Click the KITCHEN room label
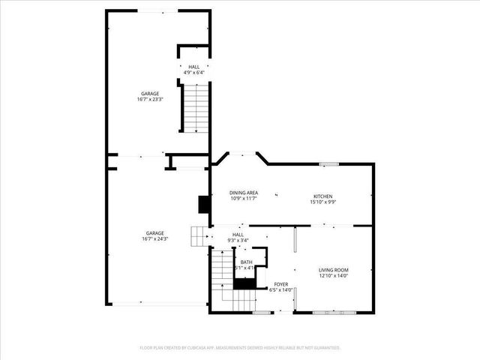tap(322, 196)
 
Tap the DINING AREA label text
tap(243, 193)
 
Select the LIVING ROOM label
tap(334, 270)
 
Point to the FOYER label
tap(280, 284)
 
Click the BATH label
tap(246, 262)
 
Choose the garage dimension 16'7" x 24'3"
tap(154, 239)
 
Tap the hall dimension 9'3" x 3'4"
tap(238, 240)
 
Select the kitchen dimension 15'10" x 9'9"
tap(322, 202)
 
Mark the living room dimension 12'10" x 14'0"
tap(334, 276)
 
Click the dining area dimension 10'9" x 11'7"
tap(243, 199)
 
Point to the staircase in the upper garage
tap(195, 109)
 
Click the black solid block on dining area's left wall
tap(202, 205)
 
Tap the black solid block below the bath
tap(244, 283)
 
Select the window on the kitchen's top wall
tap(328, 163)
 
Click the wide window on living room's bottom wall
tap(331, 311)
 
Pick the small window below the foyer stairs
tap(261, 311)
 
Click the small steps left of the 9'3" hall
tap(199, 236)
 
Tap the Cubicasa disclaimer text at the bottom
tap(240, 348)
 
